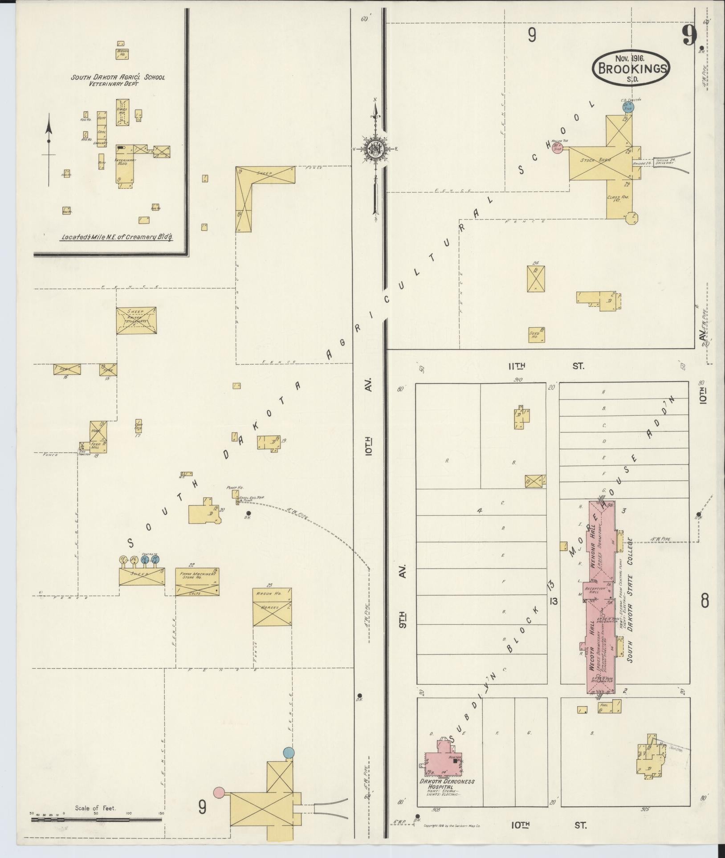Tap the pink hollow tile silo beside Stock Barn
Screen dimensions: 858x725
pos(557,148)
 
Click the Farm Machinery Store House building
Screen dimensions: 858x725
pos(197,582)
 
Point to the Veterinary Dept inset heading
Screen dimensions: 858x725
pos(118,80)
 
